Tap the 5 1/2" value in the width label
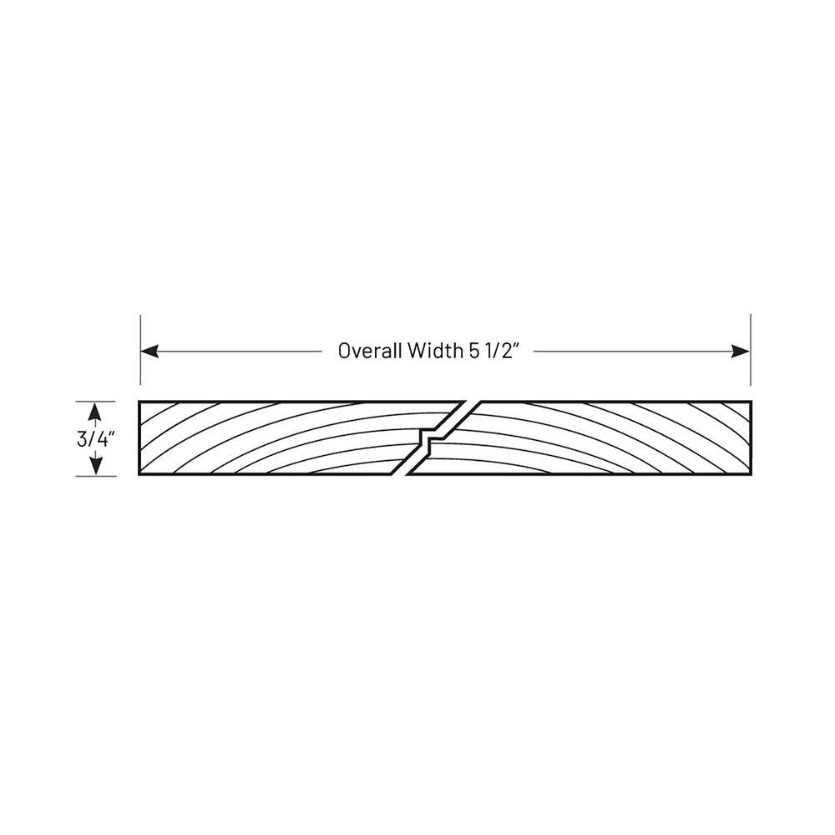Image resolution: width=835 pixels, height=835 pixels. coord(493,351)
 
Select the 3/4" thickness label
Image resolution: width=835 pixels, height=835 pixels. coord(96,439)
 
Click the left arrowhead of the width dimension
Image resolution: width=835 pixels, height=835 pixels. coord(149,352)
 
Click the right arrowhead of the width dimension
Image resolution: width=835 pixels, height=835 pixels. coord(740,352)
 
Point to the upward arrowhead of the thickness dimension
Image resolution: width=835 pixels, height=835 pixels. coord(95,412)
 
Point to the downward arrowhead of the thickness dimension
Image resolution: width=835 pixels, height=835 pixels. coord(95,465)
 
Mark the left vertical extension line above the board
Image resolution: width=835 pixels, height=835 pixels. coord(140,349)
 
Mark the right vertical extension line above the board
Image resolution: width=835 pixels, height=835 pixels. coord(751,349)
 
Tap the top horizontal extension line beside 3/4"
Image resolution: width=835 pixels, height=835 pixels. coord(95,402)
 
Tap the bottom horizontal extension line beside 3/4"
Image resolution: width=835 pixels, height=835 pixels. coord(95,476)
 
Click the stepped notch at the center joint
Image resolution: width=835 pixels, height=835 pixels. coord(428,438)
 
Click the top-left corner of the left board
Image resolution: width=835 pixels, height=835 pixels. coord(139,401)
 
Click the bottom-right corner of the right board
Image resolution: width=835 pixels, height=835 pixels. coord(751,474)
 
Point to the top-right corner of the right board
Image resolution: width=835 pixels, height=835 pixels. coord(751,401)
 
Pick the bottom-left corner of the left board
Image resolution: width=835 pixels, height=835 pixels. coord(139,474)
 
